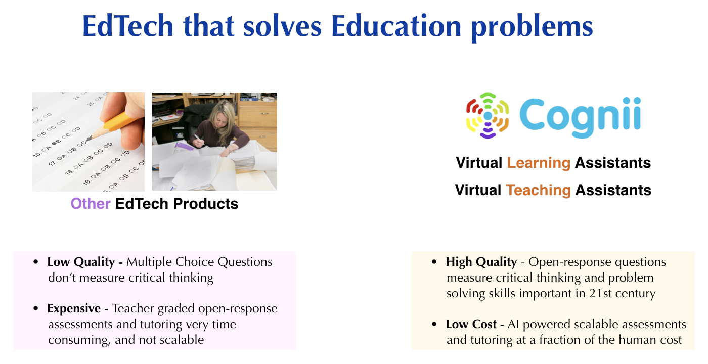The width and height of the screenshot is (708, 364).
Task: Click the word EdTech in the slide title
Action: click(127, 26)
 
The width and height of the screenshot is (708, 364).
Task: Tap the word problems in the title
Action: click(532, 28)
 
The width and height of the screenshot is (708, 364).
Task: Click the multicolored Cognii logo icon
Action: click(488, 115)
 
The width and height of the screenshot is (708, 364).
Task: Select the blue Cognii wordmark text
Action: click(581, 117)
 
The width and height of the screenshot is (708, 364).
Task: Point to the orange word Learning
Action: click(539, 163)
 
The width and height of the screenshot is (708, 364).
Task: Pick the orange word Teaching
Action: click(538, 190)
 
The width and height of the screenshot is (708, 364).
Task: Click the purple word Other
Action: click(91, 204)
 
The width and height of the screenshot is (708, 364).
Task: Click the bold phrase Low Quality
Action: click(81, 262)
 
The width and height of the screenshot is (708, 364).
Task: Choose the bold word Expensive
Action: click(74, 309)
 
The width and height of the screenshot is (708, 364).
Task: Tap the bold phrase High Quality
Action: click(481, 262)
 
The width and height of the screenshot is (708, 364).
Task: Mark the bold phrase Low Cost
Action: click(471, 324)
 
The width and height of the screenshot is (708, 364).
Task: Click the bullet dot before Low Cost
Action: click(434, 324)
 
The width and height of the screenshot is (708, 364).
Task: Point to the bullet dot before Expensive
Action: click(36, 308)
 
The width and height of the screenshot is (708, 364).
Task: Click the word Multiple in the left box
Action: click(149, 262)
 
